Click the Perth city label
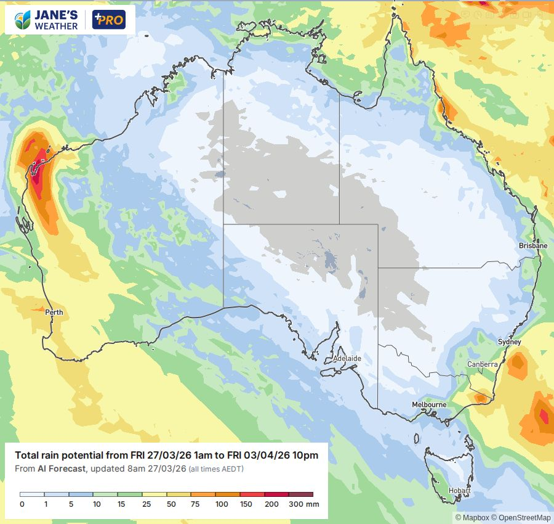pyautogui.click(x=54, y=313)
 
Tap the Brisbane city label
pyautogui.click(x=533, y=245)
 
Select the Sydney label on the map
pyautogui.click(x=509, y=342)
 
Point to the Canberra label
pyautogui.click(x=482, y=364)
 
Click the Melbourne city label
pyautogui.click(x=429, y=404)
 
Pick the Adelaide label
pyautogui.click(x=347, y=358)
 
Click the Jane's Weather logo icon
pyautogui.click(x=23, y=20)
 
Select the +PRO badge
pyautogui.click(x=108, y=20)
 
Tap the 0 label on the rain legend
pyautogui.click(x=22, y=504)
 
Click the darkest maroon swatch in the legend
pyautogui.click(x=301, y=494)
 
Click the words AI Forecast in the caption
pyautogui.click(x=66, y=469)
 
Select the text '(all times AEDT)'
pyautogui.click(x=215, y=469)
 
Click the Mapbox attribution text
pyautogui.click(x=472, y=517)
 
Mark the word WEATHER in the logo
pyautogui.click(x=57, y=26)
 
